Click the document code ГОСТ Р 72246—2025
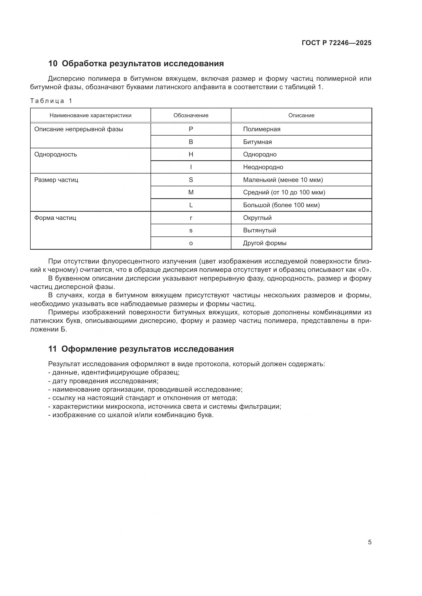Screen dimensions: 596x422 pos(337,43)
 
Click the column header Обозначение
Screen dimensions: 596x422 pos(191,115)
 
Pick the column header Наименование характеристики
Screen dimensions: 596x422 pos(90,115)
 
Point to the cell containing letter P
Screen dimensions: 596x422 pos(191,129)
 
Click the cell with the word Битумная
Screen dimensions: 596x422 pos(257,142)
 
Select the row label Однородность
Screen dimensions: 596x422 pos(56,154)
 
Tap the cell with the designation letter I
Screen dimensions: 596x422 pos(191,167)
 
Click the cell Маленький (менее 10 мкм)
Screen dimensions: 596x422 pos(283,180)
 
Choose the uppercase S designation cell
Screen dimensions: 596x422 pos(191,180)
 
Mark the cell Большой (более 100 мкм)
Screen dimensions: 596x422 pos(281,205)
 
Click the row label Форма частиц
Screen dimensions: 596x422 pos(55,218)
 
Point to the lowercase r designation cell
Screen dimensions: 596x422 pos(191,218)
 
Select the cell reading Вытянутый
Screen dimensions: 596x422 pos(259,230)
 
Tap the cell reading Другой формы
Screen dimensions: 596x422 pos(265,243)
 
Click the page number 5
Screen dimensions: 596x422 pos(369,542)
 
